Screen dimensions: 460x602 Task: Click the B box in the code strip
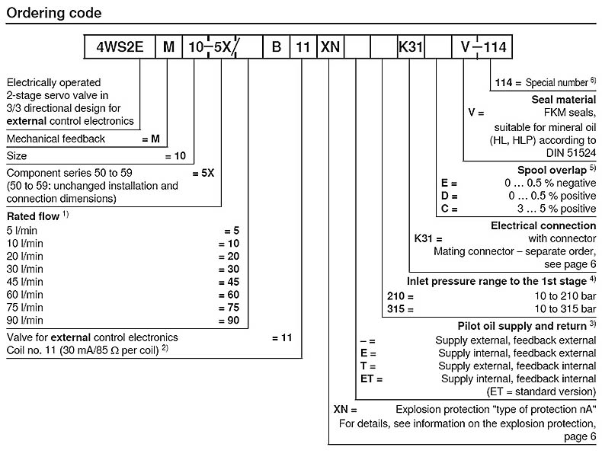coord(276,47)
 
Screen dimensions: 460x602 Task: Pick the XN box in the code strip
coord(330,47)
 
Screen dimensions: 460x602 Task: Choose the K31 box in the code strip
coord(411,47)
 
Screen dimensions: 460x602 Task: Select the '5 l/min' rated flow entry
coord(23,229)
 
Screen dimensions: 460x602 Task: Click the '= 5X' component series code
coord(203,173)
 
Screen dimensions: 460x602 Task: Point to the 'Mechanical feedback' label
coord(56,139)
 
